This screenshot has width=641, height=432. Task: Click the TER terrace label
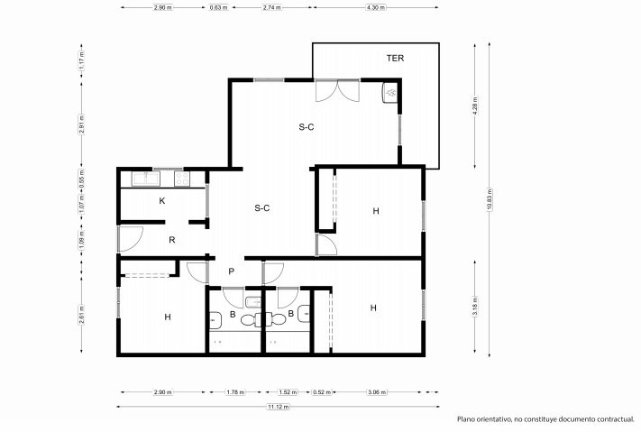pyautogui.click(x=395, y=58)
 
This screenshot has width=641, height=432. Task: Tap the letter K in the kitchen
pyautogui.click(x=162, y=201)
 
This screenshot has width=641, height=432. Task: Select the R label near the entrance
pyautogui.click(x=172, y=240)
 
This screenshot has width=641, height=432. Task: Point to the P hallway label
pyautogui.click(x=232, y=271)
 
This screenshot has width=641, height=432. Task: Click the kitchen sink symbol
pyautogui.click(x=145, y=179)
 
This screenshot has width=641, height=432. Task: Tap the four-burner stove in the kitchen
pyautogui.click(x=182, y=179)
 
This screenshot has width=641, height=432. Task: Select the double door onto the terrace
pyautogui.click(x=338, y=90)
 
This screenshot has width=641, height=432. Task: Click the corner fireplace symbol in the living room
pyautogui.click(x=390, y=93)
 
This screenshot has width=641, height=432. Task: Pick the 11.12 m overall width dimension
pyautogui.click(x=279, y=407)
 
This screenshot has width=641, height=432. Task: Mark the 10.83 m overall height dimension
pyautogui.click(x=489, y=199)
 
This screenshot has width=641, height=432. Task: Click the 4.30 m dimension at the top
pyautogui.click(x=376, y=7)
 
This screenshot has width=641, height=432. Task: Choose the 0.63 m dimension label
pyautogui.click(x=219, y=7)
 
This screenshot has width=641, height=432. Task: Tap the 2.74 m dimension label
pyautogui.click(x=271, y=7)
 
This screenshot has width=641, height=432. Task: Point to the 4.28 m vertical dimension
pyautogui.click(x=475, y=106)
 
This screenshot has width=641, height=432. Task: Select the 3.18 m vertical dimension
pyautogui.click(x=475, y=307)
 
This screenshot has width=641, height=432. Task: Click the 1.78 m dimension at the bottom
pyautogui.click(x=235, y=392)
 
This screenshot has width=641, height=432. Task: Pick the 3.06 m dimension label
pyautogui.click(x=377, y=392)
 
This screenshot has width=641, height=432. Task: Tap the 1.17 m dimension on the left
pyautogui.click(x=82, y=60)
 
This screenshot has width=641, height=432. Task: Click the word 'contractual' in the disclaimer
pyautogui.click(x=615, y=418)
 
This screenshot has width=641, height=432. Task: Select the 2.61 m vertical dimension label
pyautogui.click(x=82, y=315)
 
